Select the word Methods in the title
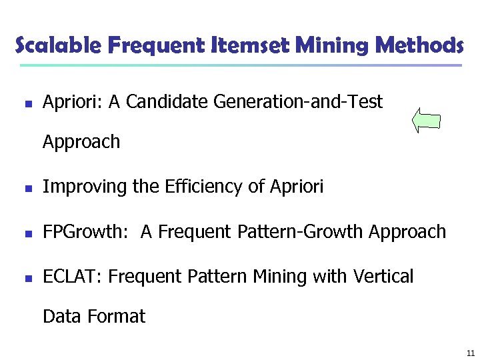[x=419, y=46]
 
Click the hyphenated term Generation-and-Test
[x=299, y=102]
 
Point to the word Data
[x=61, y=317]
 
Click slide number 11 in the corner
[x=470, y=353]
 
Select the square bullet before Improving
[x=26, y=189]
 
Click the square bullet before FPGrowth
[x=26, y=233]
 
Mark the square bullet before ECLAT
[x=26, y=278]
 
